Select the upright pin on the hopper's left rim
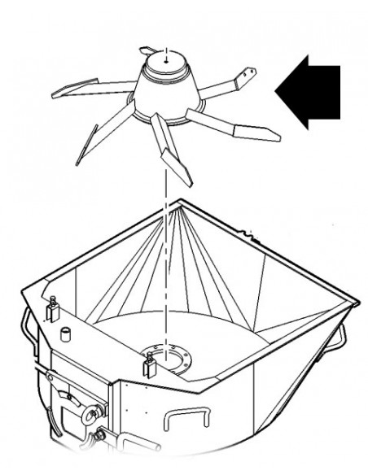tap(54, 308)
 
